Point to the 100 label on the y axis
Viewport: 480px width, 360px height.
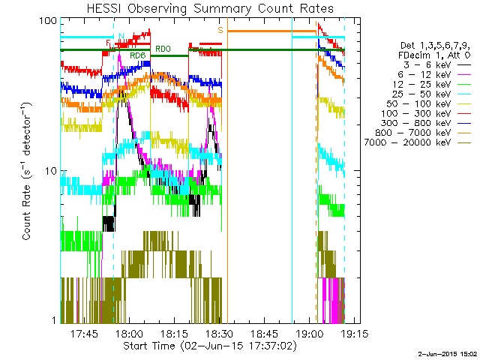[x=49, y=20]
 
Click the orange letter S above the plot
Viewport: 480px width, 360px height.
[x=220, y=30]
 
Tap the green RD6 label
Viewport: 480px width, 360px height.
[x=137, y=56]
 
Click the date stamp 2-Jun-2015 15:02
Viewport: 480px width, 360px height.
[x=447, y=354]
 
